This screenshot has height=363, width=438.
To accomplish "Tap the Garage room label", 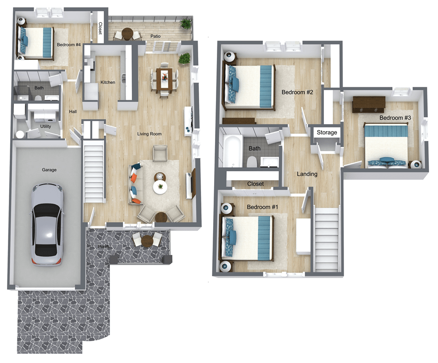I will click(x=49, y=170).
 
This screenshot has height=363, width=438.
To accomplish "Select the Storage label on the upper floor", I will click(x=327, y=133).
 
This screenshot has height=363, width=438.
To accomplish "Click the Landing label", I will click(x=307, y=174).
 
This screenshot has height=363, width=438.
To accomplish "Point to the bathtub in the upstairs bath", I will click(x=231, y=151).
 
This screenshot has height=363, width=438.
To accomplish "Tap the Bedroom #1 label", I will click(x=262, y=207).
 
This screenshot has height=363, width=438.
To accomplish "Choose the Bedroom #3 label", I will click(x=395, y=118).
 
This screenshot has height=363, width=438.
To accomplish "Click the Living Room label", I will click(x=149, y=134).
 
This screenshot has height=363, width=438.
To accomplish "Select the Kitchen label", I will click(x=108, y=83).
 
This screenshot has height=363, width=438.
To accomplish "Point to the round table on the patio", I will click(x=127, y=34).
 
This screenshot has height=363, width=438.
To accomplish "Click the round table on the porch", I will click(x=148, y=241).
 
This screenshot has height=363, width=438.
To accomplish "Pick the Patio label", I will click(x=156, y=36).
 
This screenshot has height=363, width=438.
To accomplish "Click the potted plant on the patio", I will click(x=187, y=23).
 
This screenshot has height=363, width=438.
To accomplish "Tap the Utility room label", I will click(x=45, y=126).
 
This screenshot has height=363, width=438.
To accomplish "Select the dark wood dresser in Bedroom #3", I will click(x=369, y=104).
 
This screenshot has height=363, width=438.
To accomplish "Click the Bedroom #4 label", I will click(x=69, y=45).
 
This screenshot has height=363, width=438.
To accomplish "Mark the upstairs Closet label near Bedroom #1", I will click(x=255, y=184).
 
